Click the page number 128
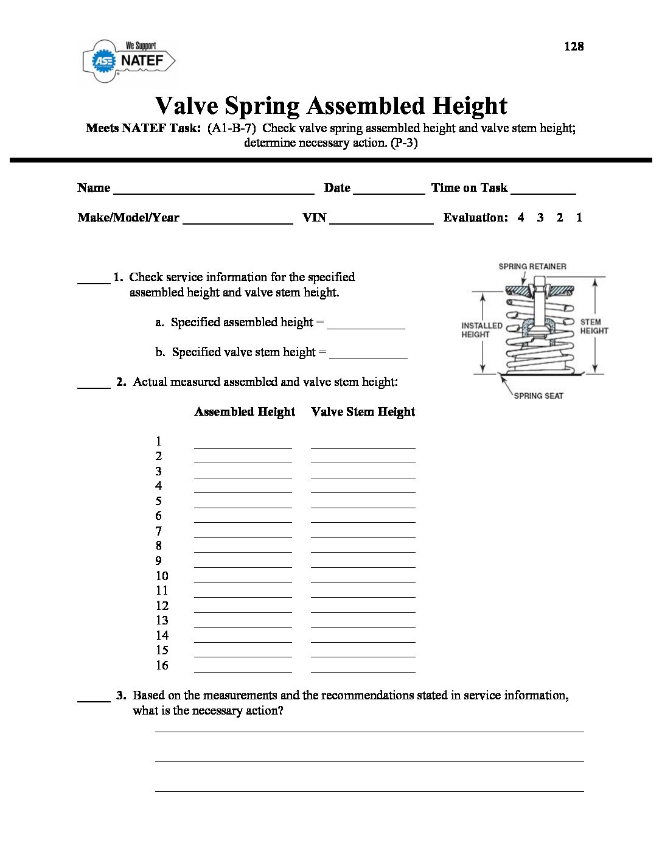tap(573, 46)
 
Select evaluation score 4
tap(521, 217)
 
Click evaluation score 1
tap(579, 217)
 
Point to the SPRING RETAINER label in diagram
tap(532, 267)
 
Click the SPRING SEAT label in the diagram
tap(538, 396)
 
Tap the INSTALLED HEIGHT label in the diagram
tap(481, 330)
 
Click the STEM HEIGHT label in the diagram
tap(593, 326)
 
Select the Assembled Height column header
tap(245, 412)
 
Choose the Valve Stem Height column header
tap(363, 412)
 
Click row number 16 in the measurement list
tap(162, 665)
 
